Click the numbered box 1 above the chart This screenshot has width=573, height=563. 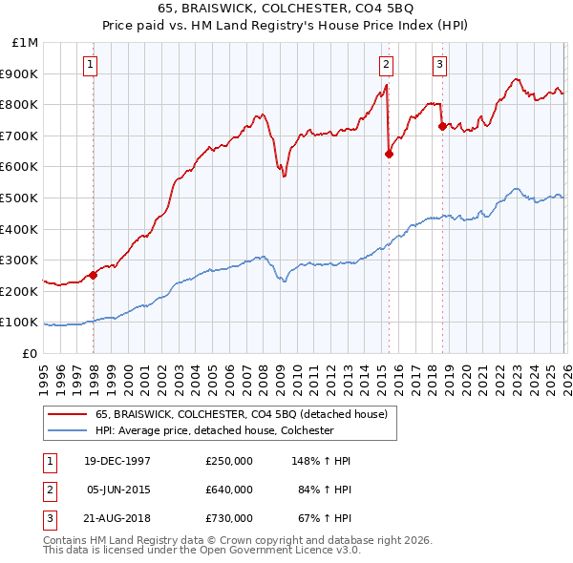[x=89, y=65]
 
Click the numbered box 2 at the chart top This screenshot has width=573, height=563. [x=386, y=65]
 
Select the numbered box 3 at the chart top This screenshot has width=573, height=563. [x=439, y=65]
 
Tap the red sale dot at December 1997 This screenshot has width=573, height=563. [x=93, y=275]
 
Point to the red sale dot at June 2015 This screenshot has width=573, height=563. [x=389, y=154]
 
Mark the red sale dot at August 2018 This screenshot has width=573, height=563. [x=442, y=126]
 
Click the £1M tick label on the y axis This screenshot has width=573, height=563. [x=27, y=43]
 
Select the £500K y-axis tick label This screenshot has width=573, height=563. [x=21, y=198]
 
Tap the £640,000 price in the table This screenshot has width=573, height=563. [x=229, y=490]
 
